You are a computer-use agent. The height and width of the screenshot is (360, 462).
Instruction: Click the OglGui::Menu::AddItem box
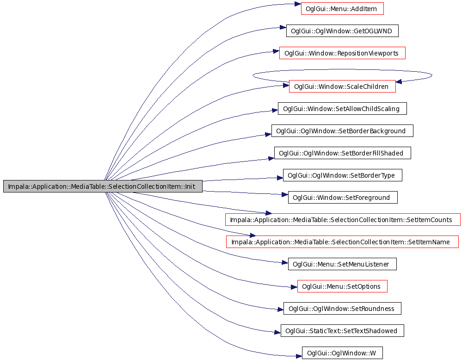pos(342,8)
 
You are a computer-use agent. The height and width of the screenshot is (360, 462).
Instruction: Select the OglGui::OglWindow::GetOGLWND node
pos(342,31)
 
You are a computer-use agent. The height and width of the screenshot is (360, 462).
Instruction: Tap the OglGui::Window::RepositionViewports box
pos(342,53)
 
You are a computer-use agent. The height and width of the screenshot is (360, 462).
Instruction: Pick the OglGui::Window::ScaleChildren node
pos(342,87)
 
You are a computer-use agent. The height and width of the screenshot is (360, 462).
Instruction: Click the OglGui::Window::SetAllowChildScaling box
pos(342,108)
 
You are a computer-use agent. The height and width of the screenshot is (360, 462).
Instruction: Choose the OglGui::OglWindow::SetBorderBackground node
pos(342,130)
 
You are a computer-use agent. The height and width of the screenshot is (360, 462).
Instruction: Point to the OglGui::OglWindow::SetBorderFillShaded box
pos(342,153)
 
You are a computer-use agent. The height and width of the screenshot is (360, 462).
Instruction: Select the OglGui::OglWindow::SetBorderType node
pos(342,175)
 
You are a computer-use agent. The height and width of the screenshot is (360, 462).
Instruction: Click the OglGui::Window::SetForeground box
pos(343,197)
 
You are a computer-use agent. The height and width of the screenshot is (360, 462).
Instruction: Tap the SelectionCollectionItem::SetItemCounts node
pos(343,220)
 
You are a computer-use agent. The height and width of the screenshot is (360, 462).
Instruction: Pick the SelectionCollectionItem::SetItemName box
pos(342,242)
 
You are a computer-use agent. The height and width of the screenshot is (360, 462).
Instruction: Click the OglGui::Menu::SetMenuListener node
pos(342,264)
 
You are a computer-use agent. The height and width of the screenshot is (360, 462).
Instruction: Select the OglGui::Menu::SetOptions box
pos(342,286)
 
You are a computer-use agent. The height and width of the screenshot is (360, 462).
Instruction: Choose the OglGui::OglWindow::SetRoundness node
pos(342,308)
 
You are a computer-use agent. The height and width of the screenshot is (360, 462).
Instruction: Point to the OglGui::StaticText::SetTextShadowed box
pos(342,330)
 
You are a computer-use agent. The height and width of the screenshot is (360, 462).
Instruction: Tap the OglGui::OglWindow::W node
pos(342,353)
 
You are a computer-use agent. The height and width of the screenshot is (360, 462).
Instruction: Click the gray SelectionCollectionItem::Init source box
pos(103,186)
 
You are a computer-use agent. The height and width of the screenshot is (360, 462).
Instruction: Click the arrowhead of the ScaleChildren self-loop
pos(399,81)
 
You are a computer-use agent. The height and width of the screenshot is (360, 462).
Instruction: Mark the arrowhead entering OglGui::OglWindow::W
pos(299,356)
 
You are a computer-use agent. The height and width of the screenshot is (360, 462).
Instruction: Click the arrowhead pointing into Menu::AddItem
pos(297,4)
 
